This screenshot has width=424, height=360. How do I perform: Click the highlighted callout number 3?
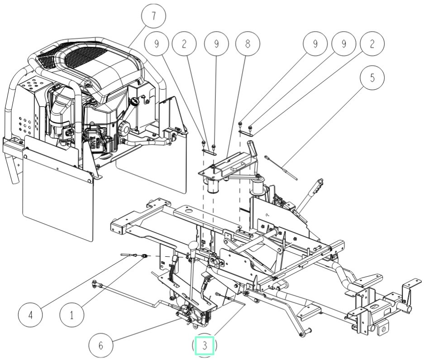pos(205,346)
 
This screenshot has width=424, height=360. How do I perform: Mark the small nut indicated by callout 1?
pos(143,257)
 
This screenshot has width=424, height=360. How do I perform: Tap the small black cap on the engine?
pos(134,103)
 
